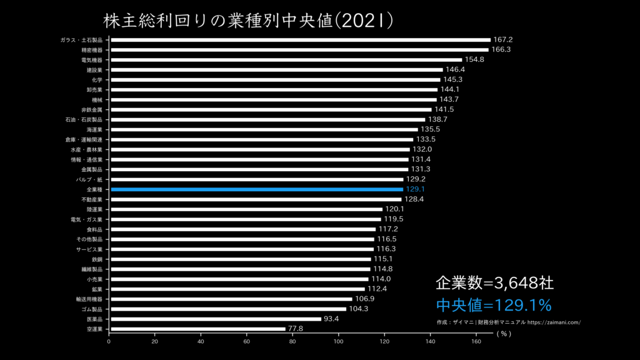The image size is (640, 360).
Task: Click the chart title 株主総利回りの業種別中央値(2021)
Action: pos(248,20)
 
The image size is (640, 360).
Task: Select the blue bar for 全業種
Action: pos(257,189)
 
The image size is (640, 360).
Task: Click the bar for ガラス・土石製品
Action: pos(301,40)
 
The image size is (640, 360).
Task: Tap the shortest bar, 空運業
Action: pos(198,329)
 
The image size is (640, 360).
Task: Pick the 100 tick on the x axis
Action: pos(339,342)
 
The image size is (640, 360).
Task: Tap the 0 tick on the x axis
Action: pos(109,342)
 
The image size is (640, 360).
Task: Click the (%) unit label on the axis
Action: pos(504,334)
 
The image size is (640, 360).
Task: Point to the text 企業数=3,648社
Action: pos(494,283)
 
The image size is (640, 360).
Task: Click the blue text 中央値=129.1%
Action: pos(494,306)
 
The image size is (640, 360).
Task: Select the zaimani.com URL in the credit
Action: pos(554,322)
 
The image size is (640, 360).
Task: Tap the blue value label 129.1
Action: pos(415,189)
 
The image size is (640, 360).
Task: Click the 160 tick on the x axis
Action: pos(476,342)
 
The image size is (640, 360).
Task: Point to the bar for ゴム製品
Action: pos(228,309)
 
